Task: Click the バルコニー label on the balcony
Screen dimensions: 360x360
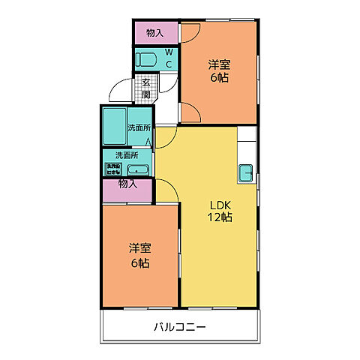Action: tap(179, 327)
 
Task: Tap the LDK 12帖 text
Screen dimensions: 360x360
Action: tap(220, 211)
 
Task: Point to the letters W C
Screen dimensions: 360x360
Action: tap(169, 58)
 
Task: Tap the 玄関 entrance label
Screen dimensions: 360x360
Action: tap(146, 88)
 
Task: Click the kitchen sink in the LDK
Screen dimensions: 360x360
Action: tap(246, 172)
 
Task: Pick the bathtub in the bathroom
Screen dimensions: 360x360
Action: tap(114, 127)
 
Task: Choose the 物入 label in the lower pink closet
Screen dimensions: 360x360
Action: tap(127, 184)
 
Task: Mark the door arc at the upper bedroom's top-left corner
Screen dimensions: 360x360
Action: tap(190, 31)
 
